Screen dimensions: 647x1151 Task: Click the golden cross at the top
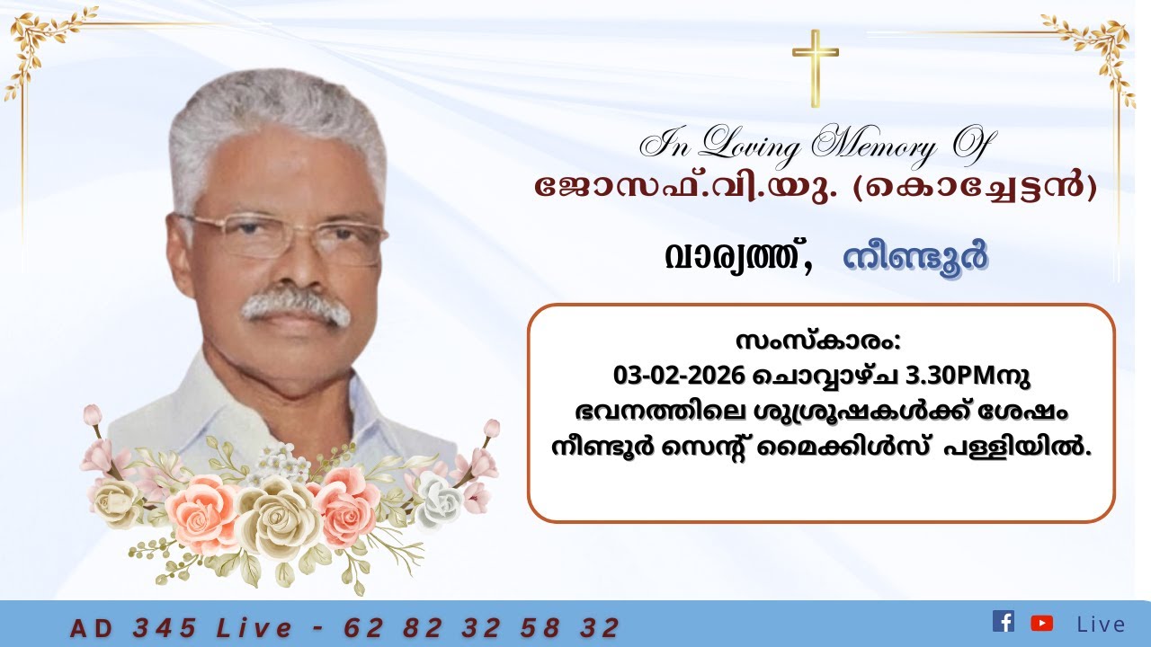tap(815, 66)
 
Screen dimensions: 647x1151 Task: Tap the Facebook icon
tap(1003, 621)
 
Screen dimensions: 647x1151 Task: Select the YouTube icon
tap(1041, 623)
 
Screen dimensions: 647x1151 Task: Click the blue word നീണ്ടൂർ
tap(915, 258)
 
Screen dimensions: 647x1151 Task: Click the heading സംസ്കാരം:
tap(816, 342)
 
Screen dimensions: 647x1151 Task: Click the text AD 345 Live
tap(181, 627)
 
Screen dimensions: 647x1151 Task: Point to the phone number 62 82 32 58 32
tap(482, 627)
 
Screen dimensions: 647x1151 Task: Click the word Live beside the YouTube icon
tap(1101, 624)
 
